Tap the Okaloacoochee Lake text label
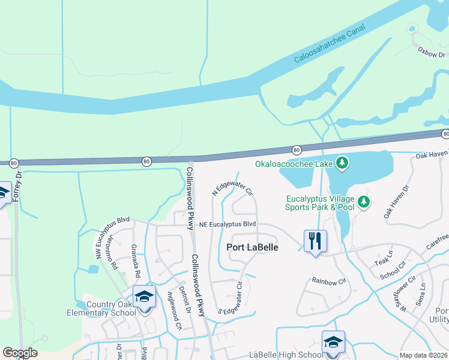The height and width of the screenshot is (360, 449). pos(293,163)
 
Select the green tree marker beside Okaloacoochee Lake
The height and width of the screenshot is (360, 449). pos(342,163)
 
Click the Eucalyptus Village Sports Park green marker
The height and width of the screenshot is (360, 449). pos(364,202)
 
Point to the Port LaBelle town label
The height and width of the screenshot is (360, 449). pos(252,247)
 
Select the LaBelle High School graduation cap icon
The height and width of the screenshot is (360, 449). pos(333,342)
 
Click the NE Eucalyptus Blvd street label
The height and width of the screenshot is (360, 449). pos(228,224)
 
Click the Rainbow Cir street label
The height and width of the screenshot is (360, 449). pos(330,280)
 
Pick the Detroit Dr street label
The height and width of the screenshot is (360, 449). pos(187,299)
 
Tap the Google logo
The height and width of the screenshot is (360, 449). pos(20,353)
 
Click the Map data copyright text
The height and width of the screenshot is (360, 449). pos(422,355)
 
